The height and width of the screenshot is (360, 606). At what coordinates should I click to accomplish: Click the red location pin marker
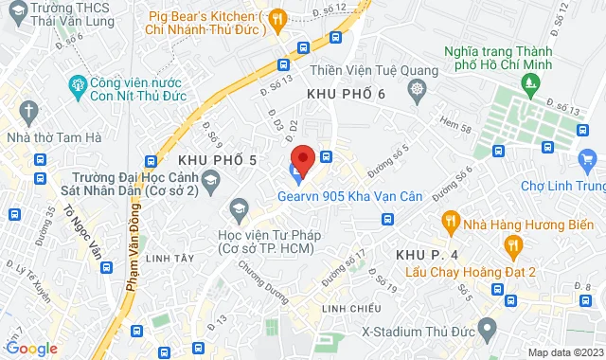pos(302,158)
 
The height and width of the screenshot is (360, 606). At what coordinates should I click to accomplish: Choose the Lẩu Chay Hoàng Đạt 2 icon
pos(514,248)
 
